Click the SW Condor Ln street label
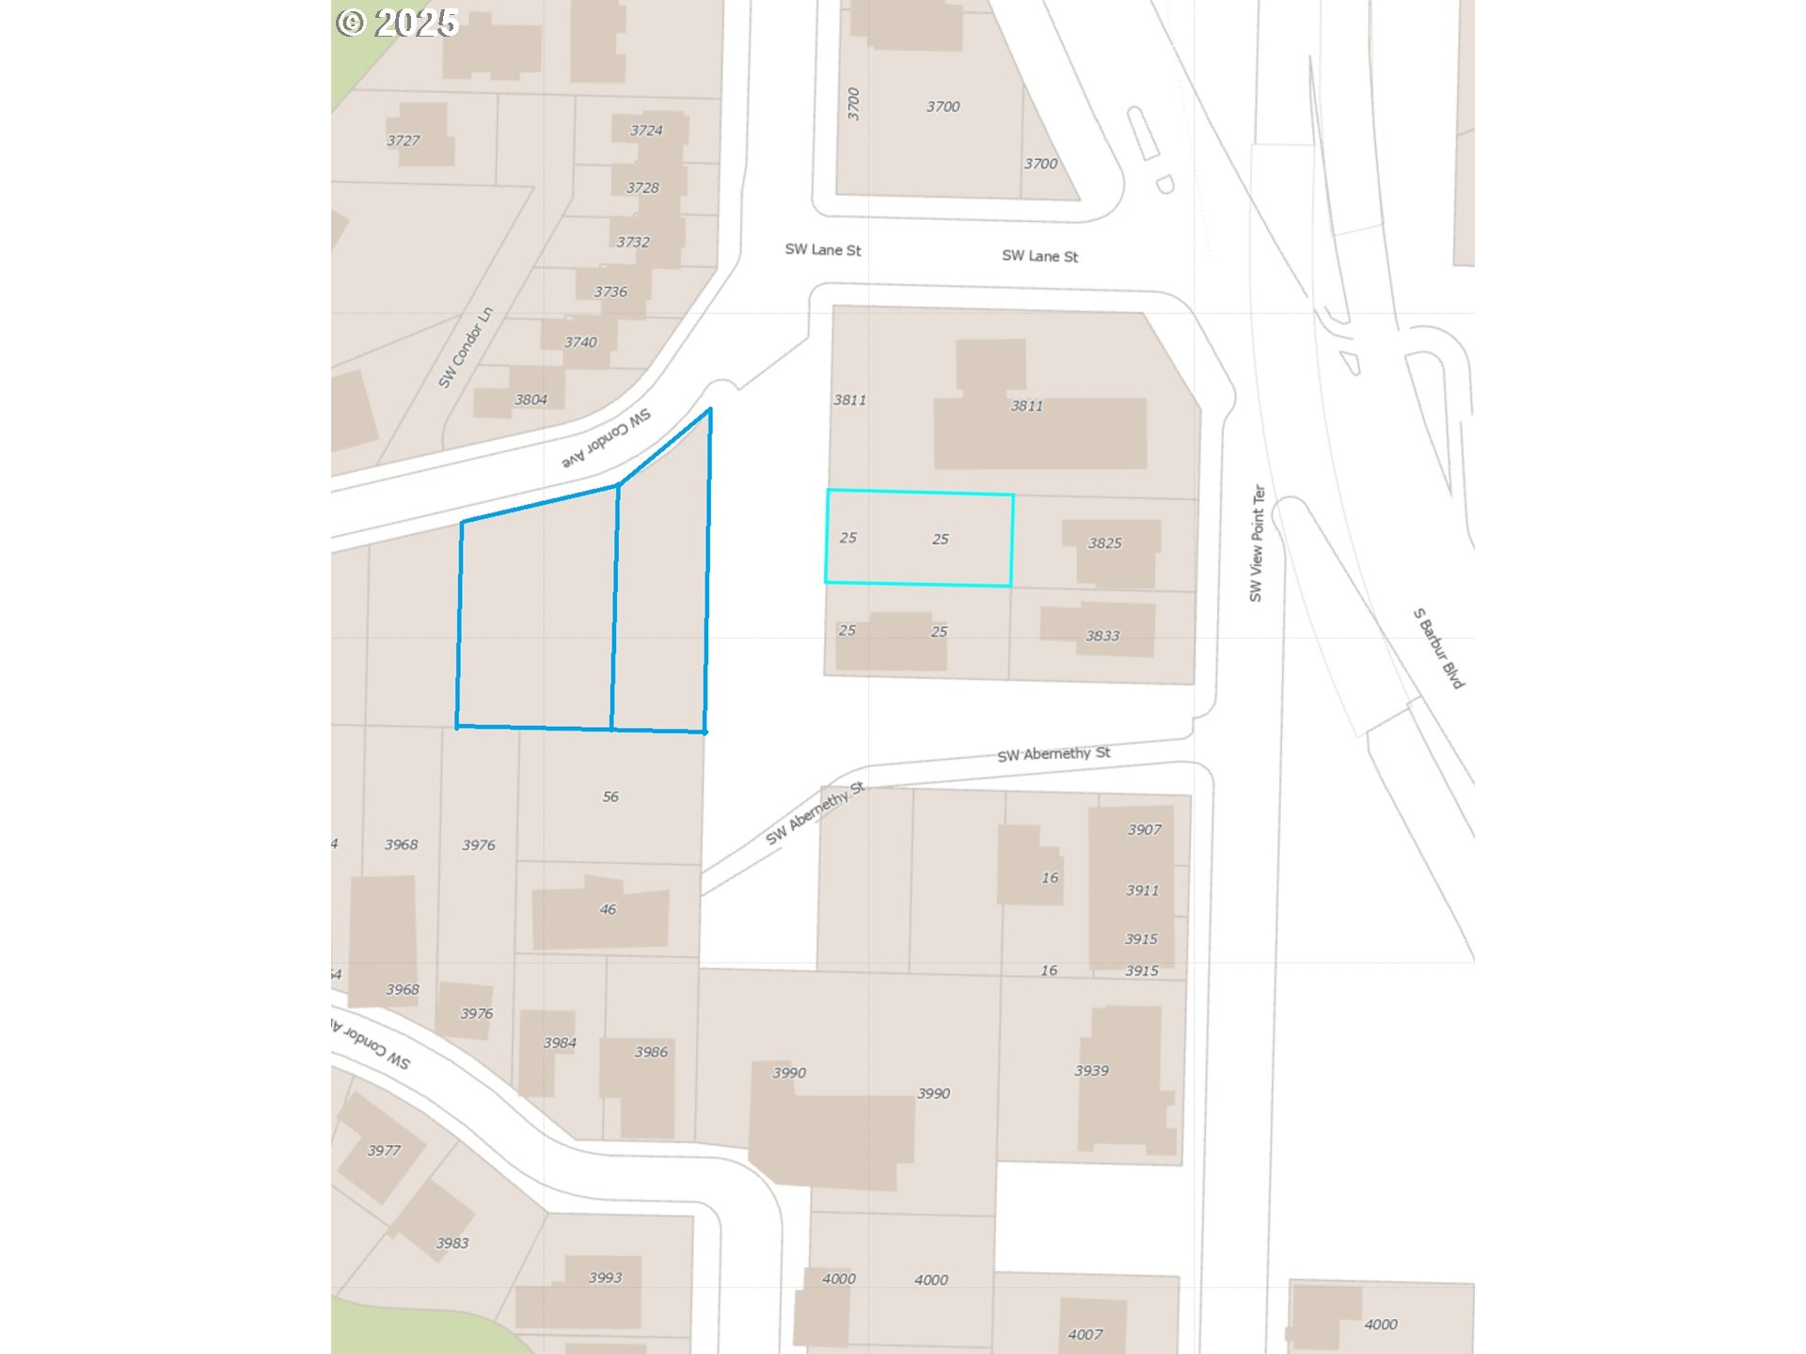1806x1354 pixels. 466,347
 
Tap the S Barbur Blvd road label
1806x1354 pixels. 1438,648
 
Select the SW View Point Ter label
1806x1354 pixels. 1257,543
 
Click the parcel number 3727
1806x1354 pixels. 403,141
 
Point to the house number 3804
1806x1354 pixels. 531,400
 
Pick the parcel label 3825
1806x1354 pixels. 1104,543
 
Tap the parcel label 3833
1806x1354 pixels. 1102,636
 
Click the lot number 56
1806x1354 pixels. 610,797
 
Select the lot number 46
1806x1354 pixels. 608,909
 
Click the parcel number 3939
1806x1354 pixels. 1091,1071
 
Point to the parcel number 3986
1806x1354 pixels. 651,1052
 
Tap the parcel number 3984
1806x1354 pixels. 560,1043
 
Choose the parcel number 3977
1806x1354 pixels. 384,1151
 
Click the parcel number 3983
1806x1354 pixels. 451,1243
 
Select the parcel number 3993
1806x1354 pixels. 605,1278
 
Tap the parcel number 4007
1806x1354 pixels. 1085,1334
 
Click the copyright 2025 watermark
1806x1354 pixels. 397,23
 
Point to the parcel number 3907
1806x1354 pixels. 1144,829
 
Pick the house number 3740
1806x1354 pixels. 580,342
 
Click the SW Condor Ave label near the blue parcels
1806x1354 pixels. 607,439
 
